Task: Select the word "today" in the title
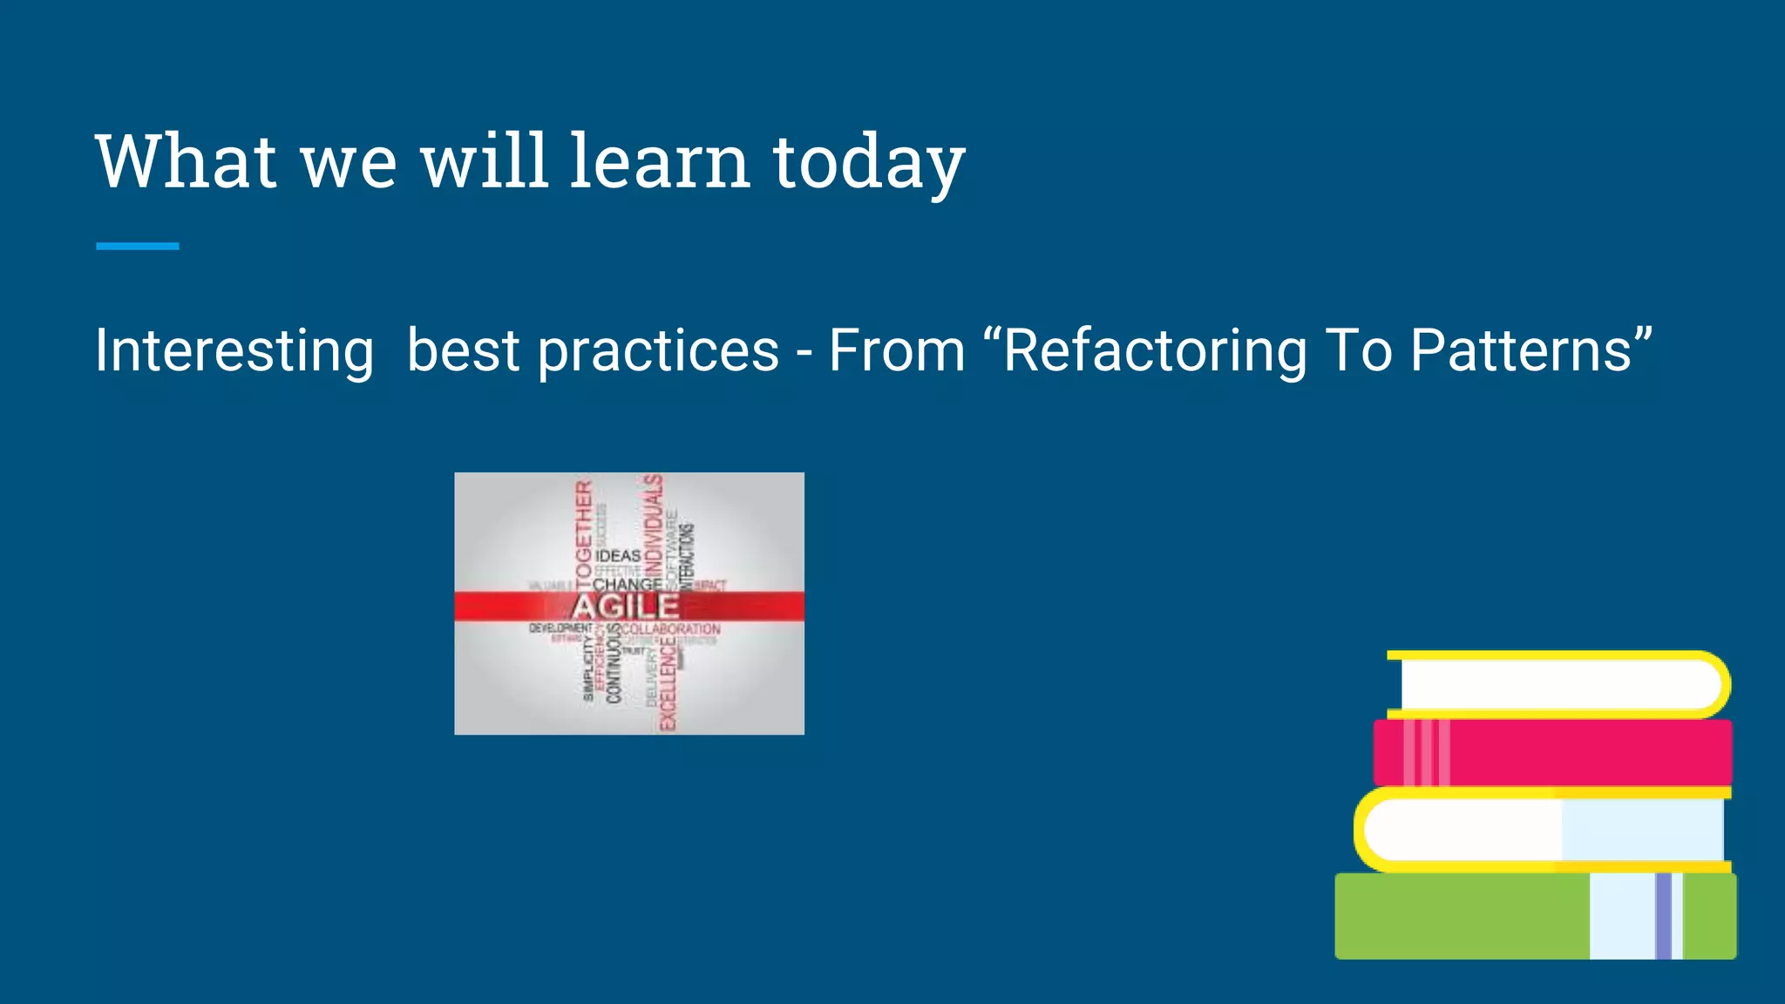pyautogui.click(x=869, y=164)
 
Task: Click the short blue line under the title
pyautogui.click(x=138, y=247)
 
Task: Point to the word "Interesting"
pyautogui.click(x=234, y=350)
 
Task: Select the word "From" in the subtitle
pyautogui.click(x=897, y=350)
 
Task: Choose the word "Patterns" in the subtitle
pyautogui.click(x=1521, y=350)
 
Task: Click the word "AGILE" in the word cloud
pyautogui.click(x=626, y=607)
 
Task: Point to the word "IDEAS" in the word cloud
pyautogui.click(x=618, y=556)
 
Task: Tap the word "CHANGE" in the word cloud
pyautogui.click(x=627, y=584)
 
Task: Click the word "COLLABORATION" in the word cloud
pyautogui.click(x=671, y=629)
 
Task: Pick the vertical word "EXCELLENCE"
pyautogui.click(x=668, y=684)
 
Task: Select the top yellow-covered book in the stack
pyautogui.click(x=1560, y=685)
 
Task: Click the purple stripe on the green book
pyautogui.click(x=1663, y=916)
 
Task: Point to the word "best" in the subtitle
pyautogui.click(x=463, y=350)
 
